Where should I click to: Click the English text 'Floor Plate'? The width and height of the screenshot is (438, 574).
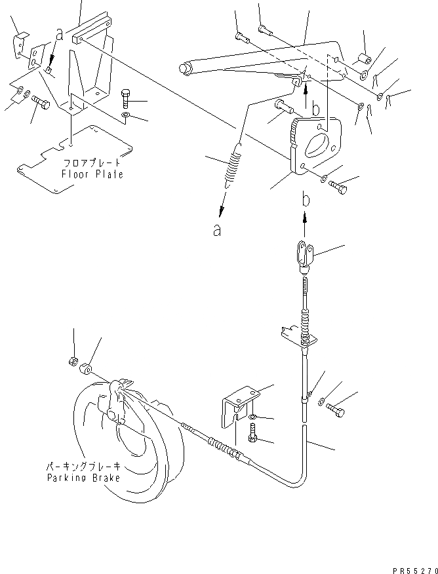pyautogui.click(x=92, y=174)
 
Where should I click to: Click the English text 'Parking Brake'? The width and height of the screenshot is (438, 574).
pyautogui.click(x=83, y=478)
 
